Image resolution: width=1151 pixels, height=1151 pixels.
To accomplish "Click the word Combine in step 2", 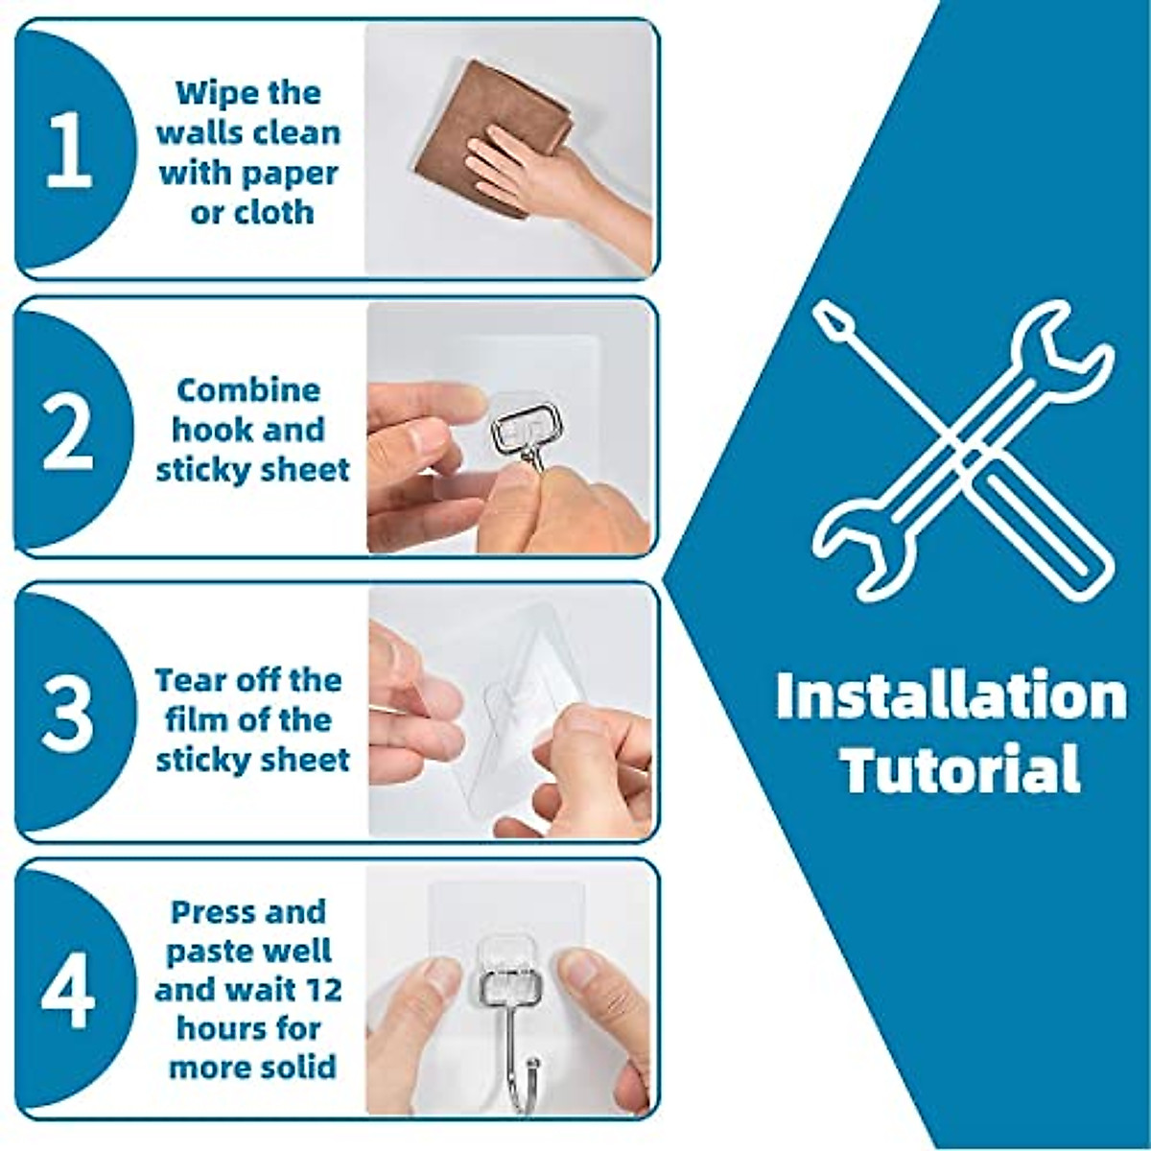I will (x=248, y=390).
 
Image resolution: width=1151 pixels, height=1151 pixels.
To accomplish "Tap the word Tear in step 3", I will (x=187, y=680).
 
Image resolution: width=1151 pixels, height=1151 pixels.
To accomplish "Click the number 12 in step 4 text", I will (x=322, y=989).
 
